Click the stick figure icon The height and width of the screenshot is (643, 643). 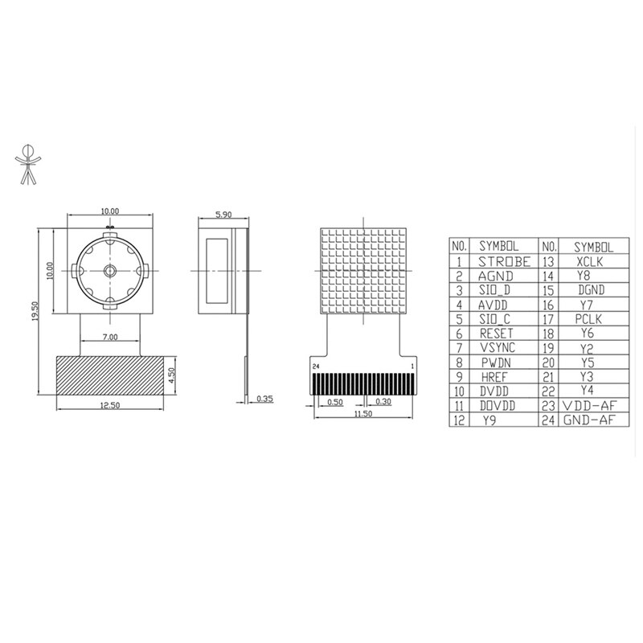click(x=29, y=163)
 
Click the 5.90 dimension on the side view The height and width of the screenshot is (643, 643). click(x=224, y=215)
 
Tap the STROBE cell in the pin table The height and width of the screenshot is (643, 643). click(x=505, y=260)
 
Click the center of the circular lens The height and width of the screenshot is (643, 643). click(x=109, y=271)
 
